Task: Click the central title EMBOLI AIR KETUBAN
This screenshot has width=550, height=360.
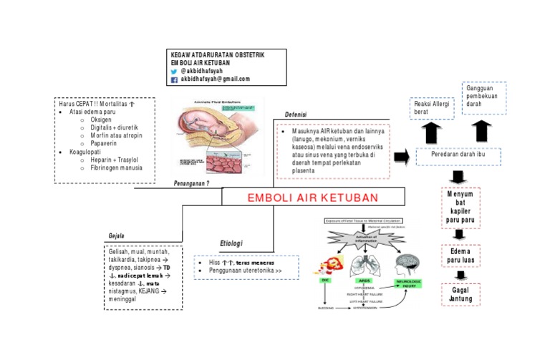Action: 313,198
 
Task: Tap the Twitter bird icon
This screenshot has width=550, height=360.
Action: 174,72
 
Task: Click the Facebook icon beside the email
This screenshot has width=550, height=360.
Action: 174,79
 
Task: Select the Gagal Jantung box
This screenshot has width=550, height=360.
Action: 460,293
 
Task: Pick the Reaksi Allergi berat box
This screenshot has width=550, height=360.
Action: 431,108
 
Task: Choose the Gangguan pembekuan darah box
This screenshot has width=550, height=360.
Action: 483,97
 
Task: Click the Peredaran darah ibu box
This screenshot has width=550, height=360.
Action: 458,156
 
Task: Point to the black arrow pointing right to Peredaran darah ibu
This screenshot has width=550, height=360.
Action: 402,157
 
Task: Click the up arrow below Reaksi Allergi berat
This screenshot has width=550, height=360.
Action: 433,132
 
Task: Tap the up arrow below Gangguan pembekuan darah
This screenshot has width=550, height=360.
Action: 483,131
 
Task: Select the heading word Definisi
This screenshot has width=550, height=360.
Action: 296,115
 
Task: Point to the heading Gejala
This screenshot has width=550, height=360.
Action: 116,235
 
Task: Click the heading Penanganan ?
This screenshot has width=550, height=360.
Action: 191,184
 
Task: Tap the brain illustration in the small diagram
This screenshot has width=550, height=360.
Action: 410,263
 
